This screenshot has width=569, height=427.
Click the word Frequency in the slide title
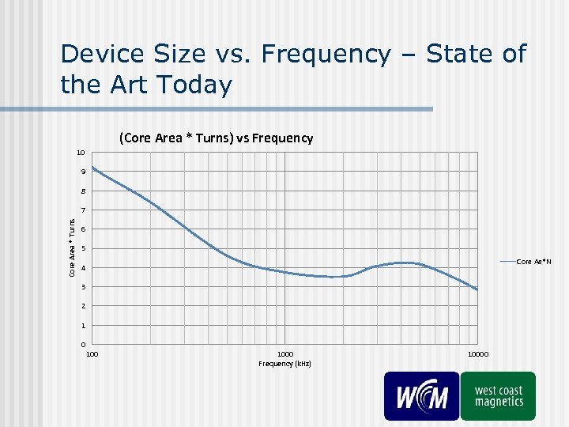click(x=325, y=55)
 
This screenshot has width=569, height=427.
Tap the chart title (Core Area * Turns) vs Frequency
click(x=216, y=138)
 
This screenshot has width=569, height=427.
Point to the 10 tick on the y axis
click(x=81, y=152)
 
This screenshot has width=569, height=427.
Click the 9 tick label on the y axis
click(x=83, y=172)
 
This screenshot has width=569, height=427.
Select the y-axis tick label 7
click(x=83, y=210)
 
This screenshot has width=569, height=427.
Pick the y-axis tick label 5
click(x=83, y=249)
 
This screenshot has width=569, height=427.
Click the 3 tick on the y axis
click(x=83, y=287)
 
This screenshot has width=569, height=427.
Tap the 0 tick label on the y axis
click(x=83, y=345)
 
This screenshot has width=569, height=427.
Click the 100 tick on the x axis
click(x=92, y=354)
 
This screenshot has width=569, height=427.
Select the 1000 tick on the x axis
click(x=285, y=354)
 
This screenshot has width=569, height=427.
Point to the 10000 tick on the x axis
click(x=477, y=354)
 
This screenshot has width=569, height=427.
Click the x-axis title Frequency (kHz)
click(x=285, y=364)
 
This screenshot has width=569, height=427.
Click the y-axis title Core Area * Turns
click(x=72, y=248)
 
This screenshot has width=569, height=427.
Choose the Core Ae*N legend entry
click(x=534, y=261)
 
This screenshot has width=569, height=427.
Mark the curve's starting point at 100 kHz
click(x=92, y=167)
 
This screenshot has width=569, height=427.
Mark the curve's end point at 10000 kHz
click(x=477, y=289)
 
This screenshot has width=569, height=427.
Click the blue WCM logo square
click(x=421, y=395)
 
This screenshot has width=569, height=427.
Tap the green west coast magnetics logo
click(x=499, y=395)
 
